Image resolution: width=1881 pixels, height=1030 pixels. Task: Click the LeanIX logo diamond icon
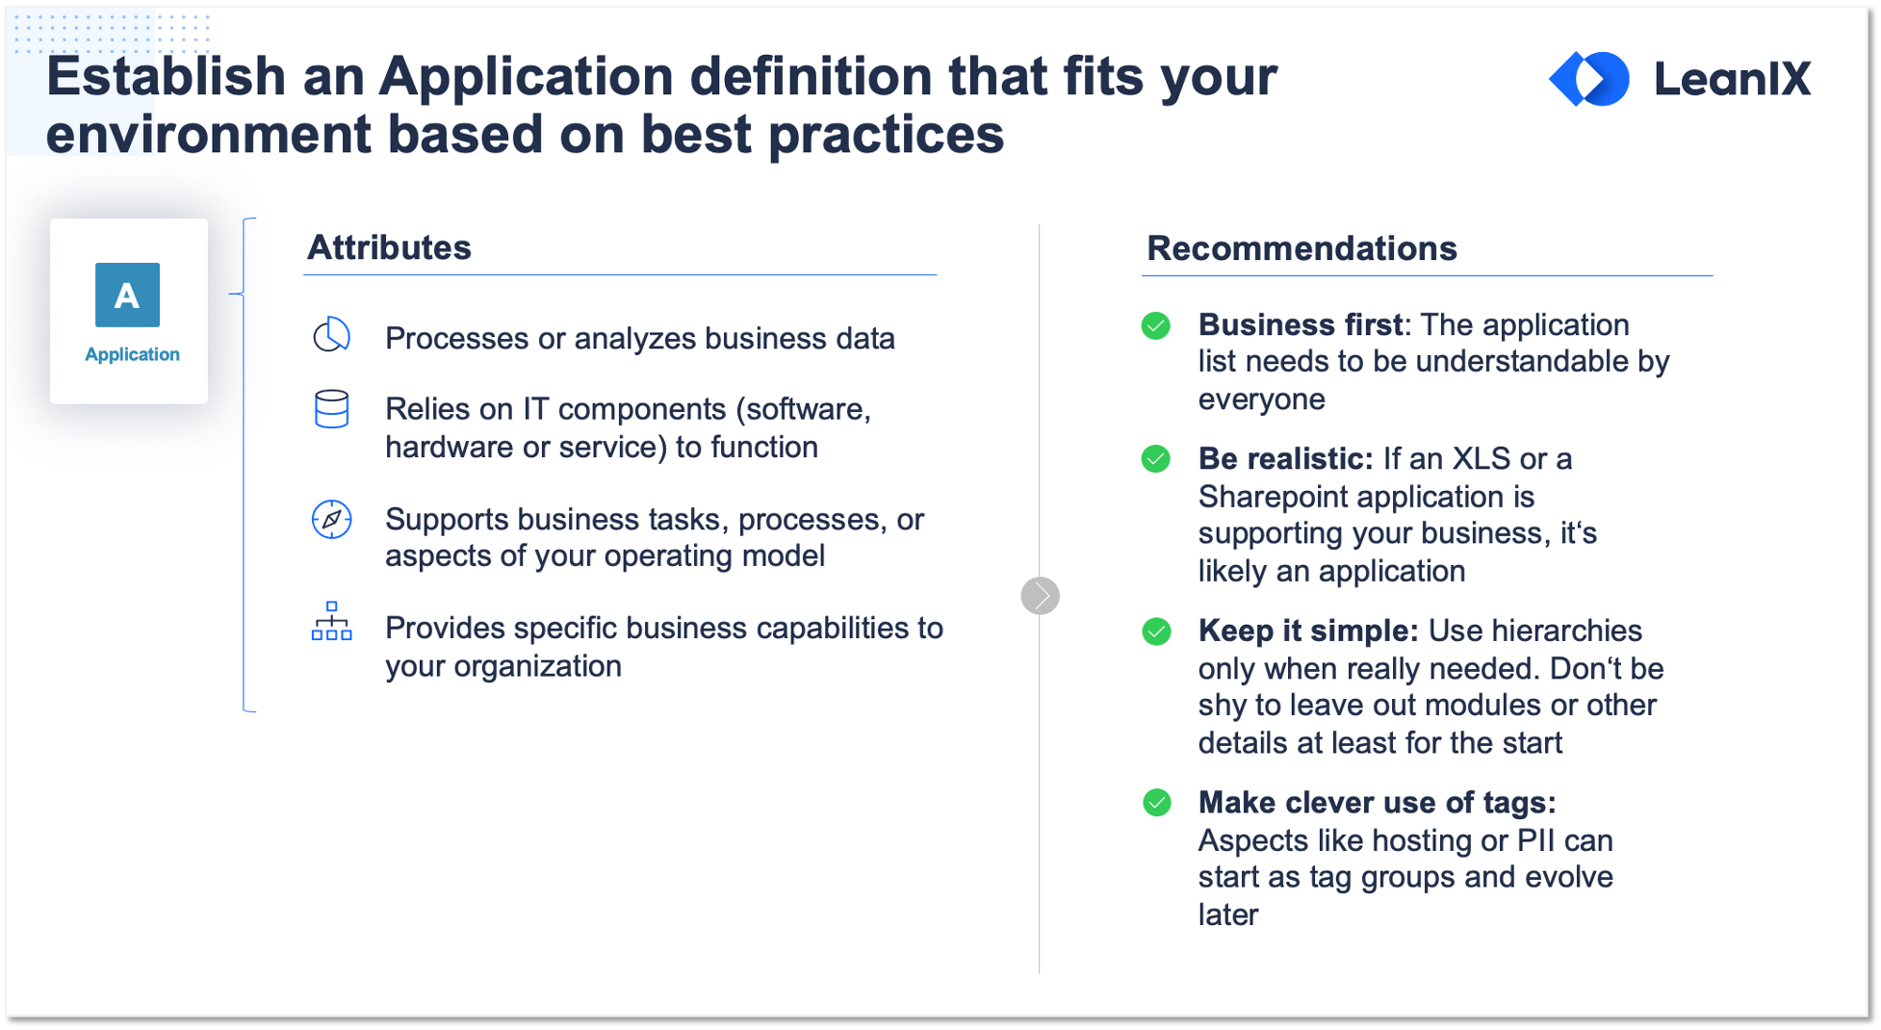coord(1588,78)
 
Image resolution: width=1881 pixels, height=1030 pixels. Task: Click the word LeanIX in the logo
coord(1732,79)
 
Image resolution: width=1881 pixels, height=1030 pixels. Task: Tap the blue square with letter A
coord(127,295)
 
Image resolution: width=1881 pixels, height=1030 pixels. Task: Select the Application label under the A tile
coord(132,354)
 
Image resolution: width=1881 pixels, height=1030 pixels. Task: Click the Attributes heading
coord(389,247)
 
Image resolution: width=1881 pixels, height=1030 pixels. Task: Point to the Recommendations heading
coord(1301,248)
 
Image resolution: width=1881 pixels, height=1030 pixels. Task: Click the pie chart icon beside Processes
coord(331,335)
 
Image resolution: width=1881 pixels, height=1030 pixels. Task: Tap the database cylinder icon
coord(331,409)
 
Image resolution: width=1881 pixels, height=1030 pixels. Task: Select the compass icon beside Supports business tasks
coord(331,520)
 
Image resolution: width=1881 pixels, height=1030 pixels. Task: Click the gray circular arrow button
coord(1040,596)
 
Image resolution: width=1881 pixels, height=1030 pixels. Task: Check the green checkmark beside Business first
coord(1156,326)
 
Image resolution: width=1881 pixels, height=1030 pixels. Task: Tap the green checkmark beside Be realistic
coord(1156,459)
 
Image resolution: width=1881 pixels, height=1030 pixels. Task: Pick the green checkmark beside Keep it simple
coord(1156,631)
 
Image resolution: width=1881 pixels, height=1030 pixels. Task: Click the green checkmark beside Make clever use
coord(1157,803)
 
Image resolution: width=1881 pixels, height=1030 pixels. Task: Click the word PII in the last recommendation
coord(1535,840)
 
